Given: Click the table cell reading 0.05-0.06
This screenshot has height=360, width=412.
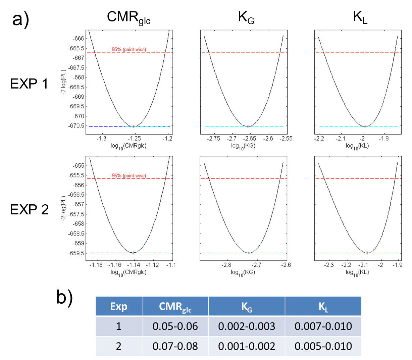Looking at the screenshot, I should (175, 326).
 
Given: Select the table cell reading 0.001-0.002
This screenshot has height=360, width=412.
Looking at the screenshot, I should (247, 346).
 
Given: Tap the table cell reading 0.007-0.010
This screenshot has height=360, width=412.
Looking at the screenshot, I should (323, 326).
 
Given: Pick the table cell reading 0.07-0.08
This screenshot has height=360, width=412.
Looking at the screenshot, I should (175, 346).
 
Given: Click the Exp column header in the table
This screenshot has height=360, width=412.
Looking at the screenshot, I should (119, 306).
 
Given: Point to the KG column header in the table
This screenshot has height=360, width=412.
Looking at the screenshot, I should (247, 307).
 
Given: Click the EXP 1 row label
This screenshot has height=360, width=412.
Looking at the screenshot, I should (29, 84).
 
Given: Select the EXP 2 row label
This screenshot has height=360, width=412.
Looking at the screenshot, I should (29, 210).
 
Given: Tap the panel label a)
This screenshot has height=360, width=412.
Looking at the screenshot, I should (20, 19).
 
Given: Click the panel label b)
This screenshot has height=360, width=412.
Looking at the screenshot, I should (64, 297).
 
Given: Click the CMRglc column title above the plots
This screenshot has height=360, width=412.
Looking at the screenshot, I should (128, 17).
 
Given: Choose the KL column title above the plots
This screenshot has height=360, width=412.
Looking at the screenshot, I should (360, 17).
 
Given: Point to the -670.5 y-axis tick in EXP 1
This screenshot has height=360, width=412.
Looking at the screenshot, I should (77, 126).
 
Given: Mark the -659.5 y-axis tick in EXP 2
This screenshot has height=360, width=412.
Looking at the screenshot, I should (77, 253).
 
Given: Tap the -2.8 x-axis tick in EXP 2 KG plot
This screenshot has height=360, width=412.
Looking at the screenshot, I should (227, 265).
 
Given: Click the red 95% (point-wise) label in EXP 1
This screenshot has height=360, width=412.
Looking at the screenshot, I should (129, 50).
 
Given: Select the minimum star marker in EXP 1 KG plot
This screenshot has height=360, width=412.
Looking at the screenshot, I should (248, 126).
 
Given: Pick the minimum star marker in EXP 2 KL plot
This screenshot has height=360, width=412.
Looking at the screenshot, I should (367, 253).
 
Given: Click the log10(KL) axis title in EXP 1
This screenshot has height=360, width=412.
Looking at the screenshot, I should (357, 146).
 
